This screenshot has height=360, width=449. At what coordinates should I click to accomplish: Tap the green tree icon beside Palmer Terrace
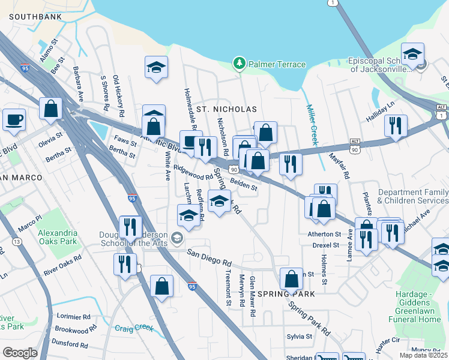240,64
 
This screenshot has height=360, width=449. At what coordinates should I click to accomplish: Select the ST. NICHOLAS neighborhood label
227,109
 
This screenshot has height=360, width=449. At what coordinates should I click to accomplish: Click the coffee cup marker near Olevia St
13,119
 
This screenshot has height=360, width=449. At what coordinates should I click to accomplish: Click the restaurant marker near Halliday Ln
396,126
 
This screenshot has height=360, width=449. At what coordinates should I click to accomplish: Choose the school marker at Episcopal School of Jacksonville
412,55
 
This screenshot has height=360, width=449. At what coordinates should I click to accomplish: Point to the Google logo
20,353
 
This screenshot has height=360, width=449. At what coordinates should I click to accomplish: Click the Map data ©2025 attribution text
423,355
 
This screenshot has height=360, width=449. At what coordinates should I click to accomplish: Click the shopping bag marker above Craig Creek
161,286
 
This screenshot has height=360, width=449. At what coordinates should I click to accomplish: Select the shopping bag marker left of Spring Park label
291,279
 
